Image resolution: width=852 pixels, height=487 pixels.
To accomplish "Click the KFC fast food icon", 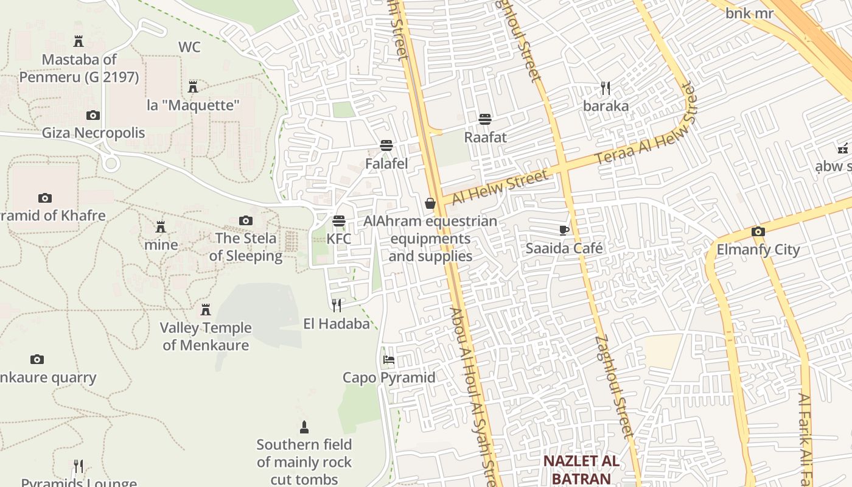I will pos(339,221).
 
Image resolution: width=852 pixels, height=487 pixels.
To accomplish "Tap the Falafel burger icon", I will pos(386,145).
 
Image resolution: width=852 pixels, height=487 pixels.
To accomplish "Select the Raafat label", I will pos(485,137).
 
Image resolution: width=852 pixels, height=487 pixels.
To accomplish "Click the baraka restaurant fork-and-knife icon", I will pos(605,88).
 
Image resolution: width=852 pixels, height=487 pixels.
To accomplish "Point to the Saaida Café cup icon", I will pos(564,230).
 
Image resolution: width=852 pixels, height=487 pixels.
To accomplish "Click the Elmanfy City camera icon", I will pos(758,231).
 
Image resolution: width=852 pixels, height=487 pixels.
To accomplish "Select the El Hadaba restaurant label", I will pos(337,324).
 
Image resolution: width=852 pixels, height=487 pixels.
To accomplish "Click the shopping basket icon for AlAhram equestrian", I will pos(430,203).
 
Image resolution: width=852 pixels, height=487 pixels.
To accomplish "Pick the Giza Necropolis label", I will pos(93,133).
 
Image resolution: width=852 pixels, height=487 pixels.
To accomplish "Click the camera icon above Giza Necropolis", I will pos(93,115).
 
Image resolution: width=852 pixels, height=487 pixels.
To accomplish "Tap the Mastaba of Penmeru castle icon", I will pos(79,41).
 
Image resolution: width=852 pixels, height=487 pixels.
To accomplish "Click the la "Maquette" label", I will pos(193,105).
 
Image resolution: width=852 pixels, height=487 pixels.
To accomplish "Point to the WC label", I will pos(189,47).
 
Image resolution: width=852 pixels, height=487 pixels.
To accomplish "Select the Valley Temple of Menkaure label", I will pos(206,337).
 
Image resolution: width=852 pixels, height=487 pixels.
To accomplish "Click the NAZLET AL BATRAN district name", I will pos(581,469).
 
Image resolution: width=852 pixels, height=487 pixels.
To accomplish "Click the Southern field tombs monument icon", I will pos(304,427).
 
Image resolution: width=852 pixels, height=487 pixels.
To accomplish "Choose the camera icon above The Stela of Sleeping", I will pos(246,220).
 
